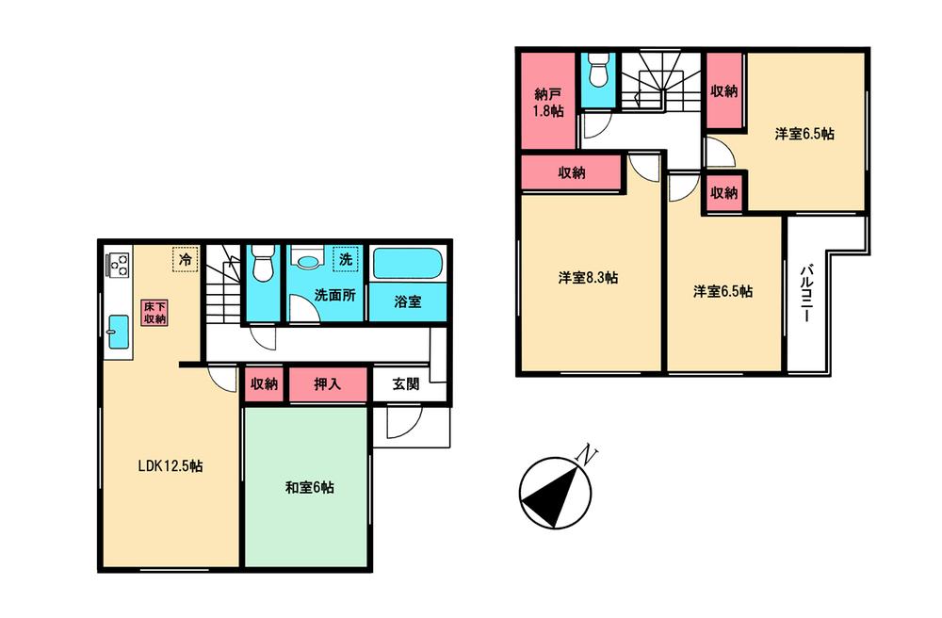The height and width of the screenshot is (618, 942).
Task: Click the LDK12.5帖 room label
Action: (172, 465)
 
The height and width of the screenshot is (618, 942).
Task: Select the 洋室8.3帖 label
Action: (588, 278)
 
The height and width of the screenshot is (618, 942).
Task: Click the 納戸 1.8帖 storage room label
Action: (548, 103)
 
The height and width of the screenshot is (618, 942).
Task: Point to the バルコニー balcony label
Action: (807, 293)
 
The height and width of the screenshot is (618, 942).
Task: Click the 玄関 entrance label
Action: (406, 384)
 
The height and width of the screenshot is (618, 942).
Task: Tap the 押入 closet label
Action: (327, 384)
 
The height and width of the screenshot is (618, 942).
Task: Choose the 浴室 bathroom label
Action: (407, 302)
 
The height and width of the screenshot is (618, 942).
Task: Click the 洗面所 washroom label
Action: (334, 294)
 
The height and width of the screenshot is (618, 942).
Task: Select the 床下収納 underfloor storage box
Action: (154, 312)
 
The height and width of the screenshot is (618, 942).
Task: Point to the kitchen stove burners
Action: (119, 266)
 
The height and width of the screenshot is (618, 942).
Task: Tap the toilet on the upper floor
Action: (597, 73)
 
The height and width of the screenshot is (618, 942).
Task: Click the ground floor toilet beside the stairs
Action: (263, 263)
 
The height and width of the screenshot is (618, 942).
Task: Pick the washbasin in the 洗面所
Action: (305, 260)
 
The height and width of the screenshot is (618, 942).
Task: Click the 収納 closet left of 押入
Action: (264, 384)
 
